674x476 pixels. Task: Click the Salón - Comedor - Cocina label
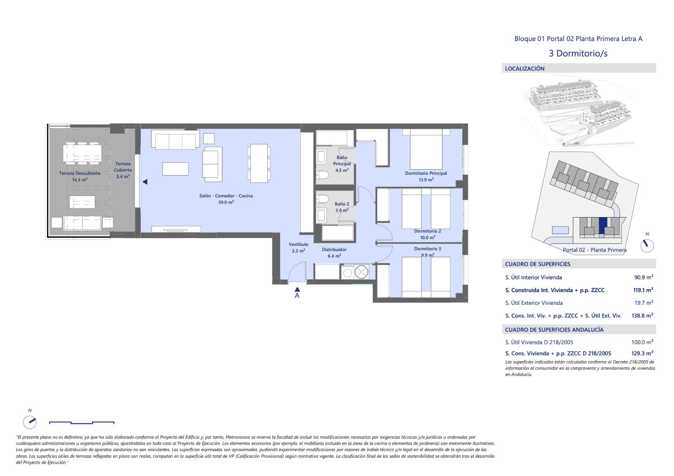pos(226,196)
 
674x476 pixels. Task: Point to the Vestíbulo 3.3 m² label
pos(298,247)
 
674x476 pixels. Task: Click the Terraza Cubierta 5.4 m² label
pos(123,170)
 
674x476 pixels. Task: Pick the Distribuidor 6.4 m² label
pos(334,253)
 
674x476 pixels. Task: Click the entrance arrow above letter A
pos(297,289)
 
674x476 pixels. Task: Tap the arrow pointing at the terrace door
pos(145,182)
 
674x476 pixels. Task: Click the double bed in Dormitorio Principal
pos(426,151)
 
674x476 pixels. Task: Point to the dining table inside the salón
pos(259,163)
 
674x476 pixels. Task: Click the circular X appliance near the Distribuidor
pos(361,272)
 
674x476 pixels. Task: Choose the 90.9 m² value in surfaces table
pos(643,277)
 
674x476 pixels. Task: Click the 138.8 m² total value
pos(642,315)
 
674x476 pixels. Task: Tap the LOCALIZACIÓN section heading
pos(524,68)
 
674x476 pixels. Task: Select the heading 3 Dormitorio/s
pos(578,53)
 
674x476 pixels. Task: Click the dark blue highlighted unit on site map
pos(603,223)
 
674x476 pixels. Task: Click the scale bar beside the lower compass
pos(81,423)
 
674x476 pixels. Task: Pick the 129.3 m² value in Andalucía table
pos(642,353)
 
